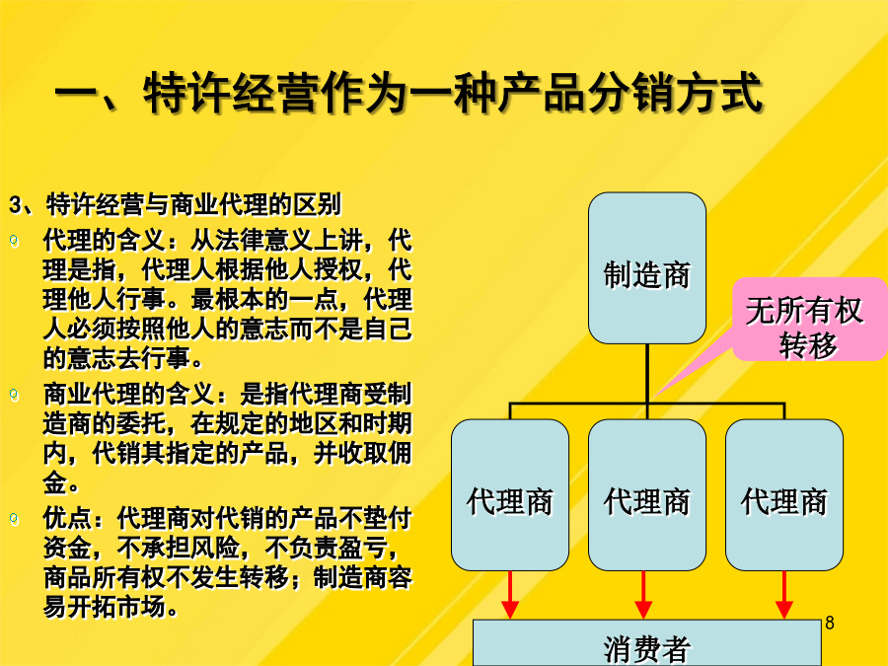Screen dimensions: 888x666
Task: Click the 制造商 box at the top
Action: coord(646,267)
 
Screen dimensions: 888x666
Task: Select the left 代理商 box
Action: coord(510,495)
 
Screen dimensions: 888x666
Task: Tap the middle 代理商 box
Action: coord(646,495)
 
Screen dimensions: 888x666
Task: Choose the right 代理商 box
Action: coord(783,495)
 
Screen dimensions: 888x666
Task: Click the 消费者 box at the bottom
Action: coord(646,643)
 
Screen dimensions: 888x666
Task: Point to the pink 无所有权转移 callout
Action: coord(809,320)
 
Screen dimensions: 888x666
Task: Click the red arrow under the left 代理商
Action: coord(510,595)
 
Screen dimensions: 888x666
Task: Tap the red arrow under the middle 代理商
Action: coord(643,595)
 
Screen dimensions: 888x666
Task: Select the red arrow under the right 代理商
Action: coord(783,595)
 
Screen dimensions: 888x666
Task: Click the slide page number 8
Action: coord(830,623)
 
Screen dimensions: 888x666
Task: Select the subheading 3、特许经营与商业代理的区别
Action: coord(176,204)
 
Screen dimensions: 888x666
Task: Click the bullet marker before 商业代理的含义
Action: coord(14,395)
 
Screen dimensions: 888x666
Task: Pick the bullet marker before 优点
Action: coord(14,518)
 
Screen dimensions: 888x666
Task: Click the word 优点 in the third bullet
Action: coord(67,518)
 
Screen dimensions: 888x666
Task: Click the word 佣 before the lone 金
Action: coord(400,453)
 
